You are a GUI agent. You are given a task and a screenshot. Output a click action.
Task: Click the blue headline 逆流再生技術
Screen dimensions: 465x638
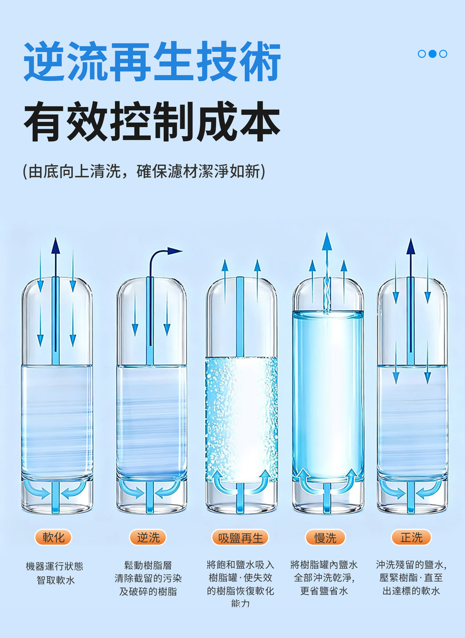(152, 61)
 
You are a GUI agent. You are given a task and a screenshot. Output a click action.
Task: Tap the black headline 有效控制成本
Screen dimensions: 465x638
(152, 122)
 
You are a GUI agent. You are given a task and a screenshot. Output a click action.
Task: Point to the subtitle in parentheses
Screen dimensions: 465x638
(144, 171)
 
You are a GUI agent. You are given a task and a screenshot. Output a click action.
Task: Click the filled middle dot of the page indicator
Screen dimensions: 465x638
(432, 53)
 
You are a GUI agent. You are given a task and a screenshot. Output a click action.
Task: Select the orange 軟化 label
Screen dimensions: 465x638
(53, 538)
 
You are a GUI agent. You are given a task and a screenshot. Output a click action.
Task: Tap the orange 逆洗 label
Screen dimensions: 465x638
(148, 538)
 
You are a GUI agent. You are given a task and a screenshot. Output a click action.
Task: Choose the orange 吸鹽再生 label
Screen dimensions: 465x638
(240, 538)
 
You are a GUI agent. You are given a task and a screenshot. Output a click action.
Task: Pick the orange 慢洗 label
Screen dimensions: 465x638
(326, 538)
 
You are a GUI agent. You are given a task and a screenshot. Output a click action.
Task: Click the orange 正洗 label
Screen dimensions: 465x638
(411, 538)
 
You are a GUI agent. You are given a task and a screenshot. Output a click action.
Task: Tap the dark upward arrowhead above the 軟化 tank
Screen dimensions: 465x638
(55, 245)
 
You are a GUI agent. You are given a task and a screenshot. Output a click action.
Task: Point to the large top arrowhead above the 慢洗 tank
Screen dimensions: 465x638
(327, 241)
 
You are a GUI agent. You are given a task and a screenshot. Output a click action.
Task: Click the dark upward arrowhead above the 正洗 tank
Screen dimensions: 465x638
(411, 246)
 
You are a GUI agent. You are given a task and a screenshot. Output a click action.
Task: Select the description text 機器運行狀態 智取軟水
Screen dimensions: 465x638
(55, 572)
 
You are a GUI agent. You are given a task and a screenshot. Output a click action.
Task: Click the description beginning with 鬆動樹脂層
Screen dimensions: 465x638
(148, 578)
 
